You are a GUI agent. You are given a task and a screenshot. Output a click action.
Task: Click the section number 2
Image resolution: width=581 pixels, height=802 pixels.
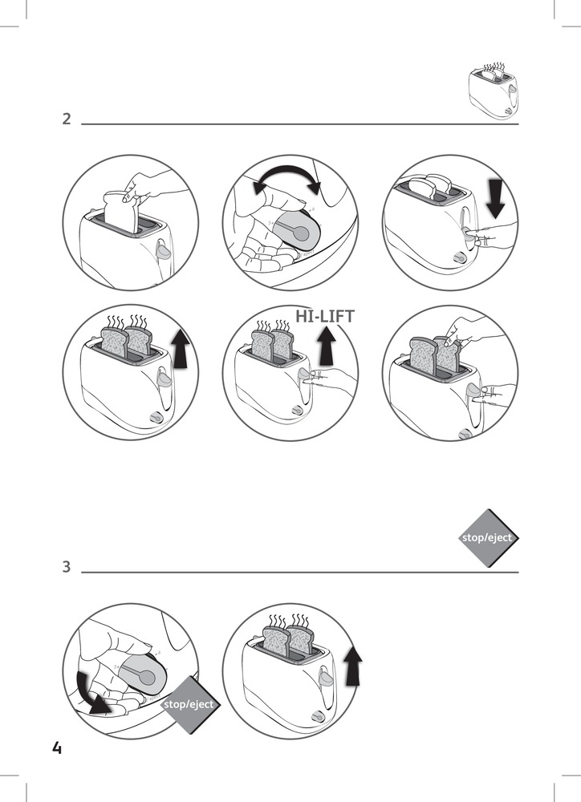point(67,119)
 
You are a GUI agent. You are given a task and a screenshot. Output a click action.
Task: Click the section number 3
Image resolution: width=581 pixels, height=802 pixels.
point(67,567)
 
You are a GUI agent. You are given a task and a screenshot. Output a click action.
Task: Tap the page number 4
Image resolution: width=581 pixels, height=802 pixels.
point(56,748)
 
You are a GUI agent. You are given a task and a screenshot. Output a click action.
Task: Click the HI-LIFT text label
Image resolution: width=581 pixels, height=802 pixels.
point(325,317)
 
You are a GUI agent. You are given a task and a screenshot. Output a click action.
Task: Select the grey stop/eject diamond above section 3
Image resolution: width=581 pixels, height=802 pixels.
point(486,537)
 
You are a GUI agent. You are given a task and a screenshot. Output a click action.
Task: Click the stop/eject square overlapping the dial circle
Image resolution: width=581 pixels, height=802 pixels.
point(189,704)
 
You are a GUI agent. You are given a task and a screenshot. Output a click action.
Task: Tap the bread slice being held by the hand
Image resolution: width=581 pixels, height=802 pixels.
point(122,210)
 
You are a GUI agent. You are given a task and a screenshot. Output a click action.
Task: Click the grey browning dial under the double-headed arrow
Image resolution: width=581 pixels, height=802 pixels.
point(298,230)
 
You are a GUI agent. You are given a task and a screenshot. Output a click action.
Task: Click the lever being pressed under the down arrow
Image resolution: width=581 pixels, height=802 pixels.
point(468,236)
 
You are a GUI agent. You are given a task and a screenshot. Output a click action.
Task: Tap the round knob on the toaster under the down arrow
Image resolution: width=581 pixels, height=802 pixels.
point(460,259)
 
